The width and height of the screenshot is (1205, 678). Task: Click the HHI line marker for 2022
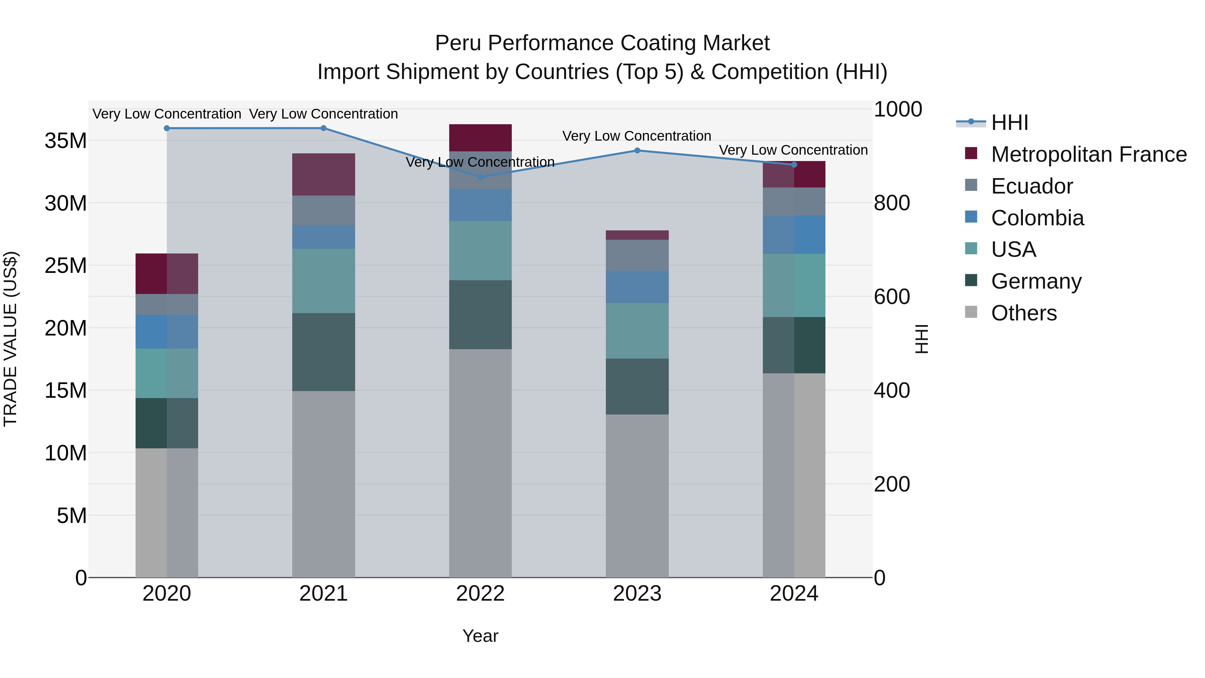tap(480, 177)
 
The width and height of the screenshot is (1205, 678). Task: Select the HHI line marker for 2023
tap(637, 150)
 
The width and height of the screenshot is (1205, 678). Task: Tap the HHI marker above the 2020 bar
tap(167, 128)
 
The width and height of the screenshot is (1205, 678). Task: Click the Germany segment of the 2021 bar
tap(324, 352)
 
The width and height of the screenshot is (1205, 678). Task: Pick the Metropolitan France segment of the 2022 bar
tap(480, 138)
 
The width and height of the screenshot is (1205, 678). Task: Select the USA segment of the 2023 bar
tap(637, 330)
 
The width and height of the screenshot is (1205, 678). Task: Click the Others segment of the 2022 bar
tap(480, 463)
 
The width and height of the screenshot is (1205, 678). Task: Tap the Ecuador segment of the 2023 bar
tap(637, 255)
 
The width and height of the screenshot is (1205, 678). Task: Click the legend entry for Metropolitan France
tap(1089, 154)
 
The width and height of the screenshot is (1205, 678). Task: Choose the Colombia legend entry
tap(1037, 218)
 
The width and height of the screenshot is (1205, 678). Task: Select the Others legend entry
tap(1024, 313)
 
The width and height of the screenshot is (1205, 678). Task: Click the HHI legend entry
tap(1010, 123)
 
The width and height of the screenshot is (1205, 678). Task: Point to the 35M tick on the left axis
tap(66, 140)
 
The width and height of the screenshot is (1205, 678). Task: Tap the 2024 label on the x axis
tap(794, 594)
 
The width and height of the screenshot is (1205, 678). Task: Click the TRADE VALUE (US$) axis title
tap(11, 339)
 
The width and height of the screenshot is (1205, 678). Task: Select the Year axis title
tap(480, 636)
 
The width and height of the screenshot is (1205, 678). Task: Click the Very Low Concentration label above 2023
tap(637, 136)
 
